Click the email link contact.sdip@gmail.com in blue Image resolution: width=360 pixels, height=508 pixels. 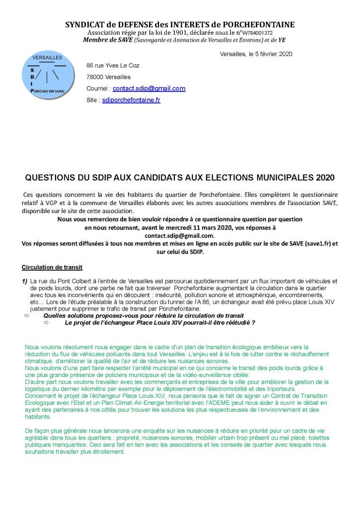click(149, 89)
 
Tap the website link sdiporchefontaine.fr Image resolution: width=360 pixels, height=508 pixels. click(131, 100)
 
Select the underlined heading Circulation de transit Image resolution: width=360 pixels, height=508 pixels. click(48, 267)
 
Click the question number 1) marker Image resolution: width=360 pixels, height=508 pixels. click(24, 281)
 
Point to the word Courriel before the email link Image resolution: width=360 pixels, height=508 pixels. click(97, 89)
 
